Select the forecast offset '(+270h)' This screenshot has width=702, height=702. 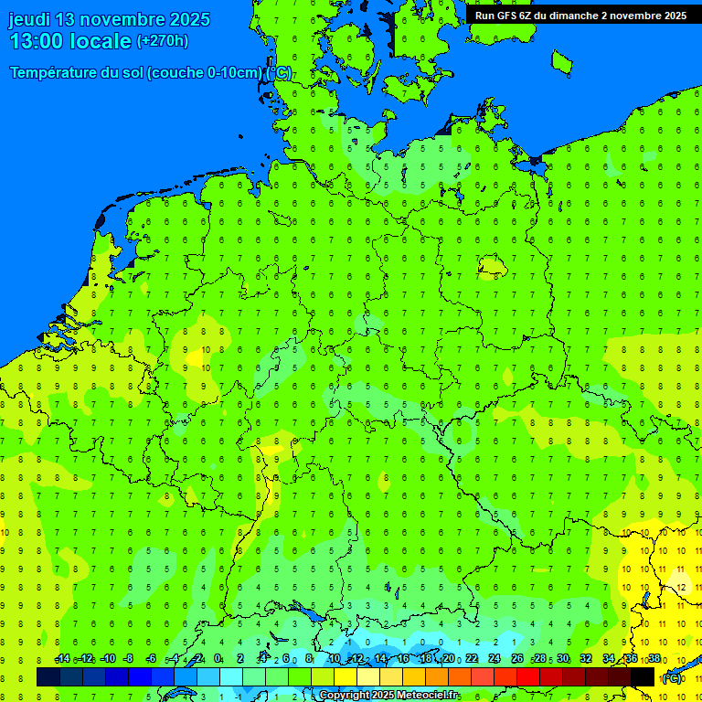click(x=163, y=41)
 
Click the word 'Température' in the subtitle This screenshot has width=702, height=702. click(x=54, y=73)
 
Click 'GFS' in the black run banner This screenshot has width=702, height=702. click(x=507, y=16)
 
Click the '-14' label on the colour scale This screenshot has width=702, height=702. click(x=62, y=659)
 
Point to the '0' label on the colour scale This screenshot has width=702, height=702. click(x=218, y=659)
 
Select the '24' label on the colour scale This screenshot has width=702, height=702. click(x=495, y=659)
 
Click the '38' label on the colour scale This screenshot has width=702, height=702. click(x=654, y=659)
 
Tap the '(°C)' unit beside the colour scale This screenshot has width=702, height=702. click(x=672, y=677)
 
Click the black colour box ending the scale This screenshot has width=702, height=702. click(x=643, y=676)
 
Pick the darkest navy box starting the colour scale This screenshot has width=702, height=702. click(x=48, y=676)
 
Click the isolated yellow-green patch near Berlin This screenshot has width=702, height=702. click(x=492, y=266)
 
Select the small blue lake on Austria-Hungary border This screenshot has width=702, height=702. click(x=647, y=600)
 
